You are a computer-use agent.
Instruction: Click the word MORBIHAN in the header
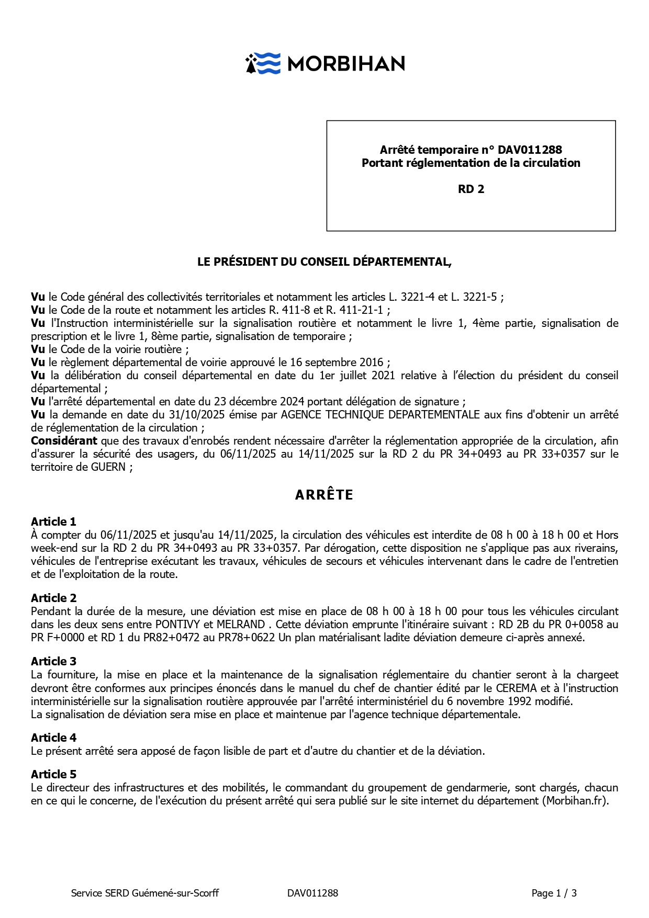click(346, 64)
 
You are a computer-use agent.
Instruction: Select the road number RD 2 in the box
click(471, 189)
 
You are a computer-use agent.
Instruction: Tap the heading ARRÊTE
click(324, 495)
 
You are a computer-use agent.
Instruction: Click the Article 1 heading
click(53, 522)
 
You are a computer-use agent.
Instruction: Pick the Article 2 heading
click(53, 598)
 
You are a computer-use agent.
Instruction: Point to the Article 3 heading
click(53, 661)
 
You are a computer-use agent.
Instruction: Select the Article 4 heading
click(53, 738)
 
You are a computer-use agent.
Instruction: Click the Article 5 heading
click(53, 774)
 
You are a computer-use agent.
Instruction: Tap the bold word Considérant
click(64, 440)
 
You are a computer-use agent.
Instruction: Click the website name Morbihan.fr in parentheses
click(576, 800)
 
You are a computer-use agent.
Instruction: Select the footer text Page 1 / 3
click(554, 893)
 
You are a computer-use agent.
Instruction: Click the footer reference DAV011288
click(312, 893)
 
